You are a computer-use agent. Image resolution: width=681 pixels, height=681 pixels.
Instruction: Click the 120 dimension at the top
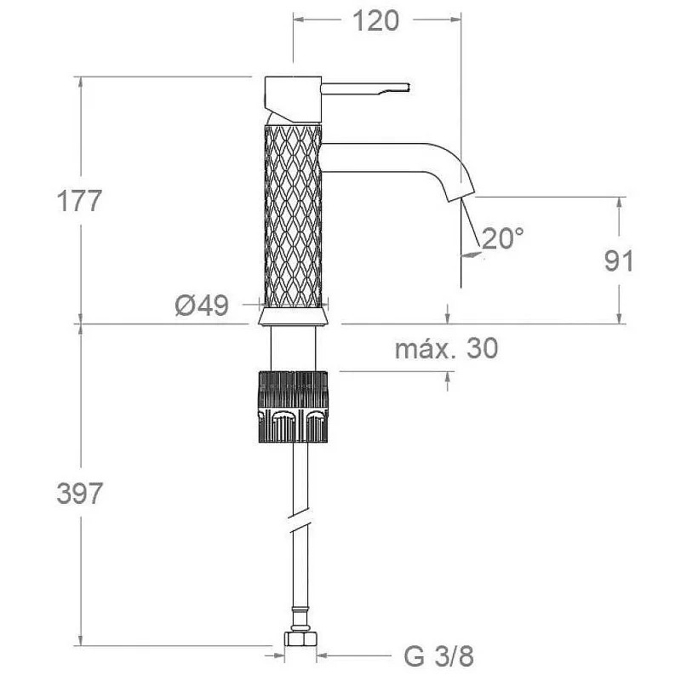click(x=375, y=20)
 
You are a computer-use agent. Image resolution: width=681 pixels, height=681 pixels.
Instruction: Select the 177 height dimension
click(x=79, y=201)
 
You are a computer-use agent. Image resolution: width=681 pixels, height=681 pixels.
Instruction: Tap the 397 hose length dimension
click(x=79, y=494)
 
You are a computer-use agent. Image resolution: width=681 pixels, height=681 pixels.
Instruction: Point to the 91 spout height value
click(x=620, y=260)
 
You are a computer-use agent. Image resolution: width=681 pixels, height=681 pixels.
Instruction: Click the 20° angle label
click(x=503, y=238)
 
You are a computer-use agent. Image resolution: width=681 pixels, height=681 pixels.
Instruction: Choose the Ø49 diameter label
click(x=202, y=306)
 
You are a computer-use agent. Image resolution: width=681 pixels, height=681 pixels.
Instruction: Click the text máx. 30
click(x=446, y=348)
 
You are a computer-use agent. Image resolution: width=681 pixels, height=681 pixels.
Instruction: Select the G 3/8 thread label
click(x=438, y=656)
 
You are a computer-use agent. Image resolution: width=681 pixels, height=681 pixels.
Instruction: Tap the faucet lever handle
click(x=366, y=88)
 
